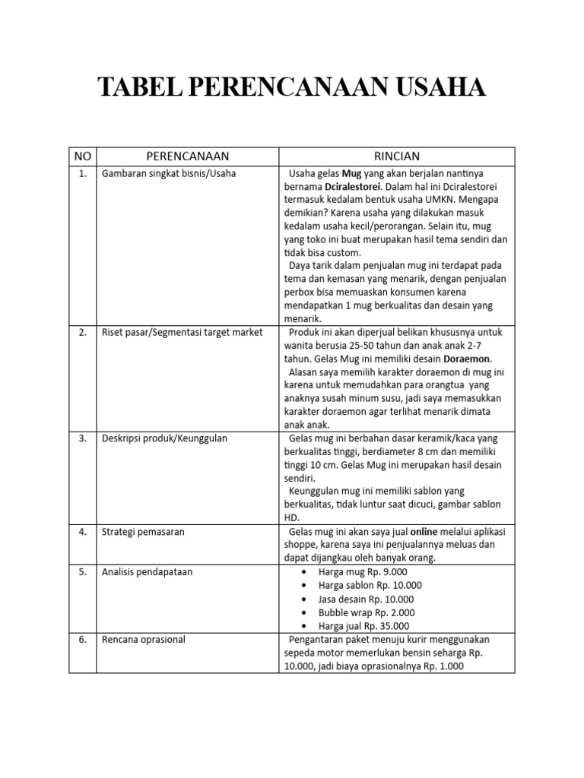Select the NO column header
(x=82, y=157)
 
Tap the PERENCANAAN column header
(x=187, y=157)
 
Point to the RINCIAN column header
(x=396, y=157)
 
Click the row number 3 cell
(x=82, y=438)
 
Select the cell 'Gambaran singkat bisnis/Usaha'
(x=169, y=173)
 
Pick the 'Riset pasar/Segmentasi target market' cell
(x=182, y=332)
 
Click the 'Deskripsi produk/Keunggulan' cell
(x=165, y=438)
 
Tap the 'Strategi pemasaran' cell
(x=144, y=532)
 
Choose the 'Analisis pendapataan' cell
(x=148, y=571)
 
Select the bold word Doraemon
(x=468, y=359)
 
